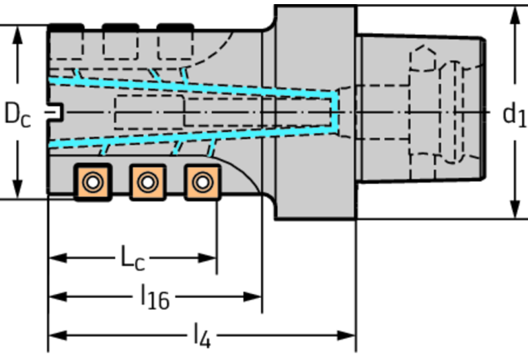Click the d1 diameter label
(514, 115)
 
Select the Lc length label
(132, 258)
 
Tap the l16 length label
(155, 297)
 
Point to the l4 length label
(202, 336)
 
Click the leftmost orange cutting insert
(93, 182)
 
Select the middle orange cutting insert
(148, 182)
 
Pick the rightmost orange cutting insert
(202, 182)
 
